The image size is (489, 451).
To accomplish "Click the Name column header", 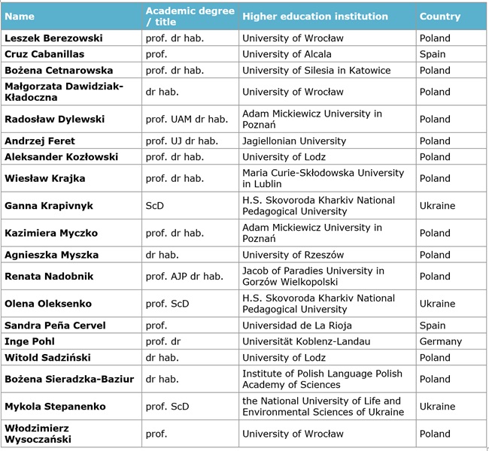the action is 20,17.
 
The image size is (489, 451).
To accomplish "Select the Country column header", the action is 440,17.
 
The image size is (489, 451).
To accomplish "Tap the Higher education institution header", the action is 315,17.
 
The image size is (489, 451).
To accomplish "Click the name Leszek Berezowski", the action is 53,38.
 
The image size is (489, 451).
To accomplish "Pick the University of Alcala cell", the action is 287,54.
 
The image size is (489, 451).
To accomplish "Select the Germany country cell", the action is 440,341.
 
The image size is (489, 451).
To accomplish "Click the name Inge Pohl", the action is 29,341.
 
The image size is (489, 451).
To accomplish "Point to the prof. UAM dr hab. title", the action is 187,119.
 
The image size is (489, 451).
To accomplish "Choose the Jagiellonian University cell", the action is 294,141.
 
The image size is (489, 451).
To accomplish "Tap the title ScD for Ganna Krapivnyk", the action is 155,206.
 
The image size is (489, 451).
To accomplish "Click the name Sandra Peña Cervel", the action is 55,325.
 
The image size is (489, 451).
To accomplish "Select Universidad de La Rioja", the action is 297,325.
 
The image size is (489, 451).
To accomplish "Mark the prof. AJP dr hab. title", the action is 184,276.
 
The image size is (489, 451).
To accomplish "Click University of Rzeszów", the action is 293,255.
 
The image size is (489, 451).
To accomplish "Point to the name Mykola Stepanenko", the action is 55,407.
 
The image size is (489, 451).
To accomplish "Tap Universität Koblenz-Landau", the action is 306,341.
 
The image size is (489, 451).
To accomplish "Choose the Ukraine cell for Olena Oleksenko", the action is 437,304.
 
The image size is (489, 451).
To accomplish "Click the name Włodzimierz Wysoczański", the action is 38,434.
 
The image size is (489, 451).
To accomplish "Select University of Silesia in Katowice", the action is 316,70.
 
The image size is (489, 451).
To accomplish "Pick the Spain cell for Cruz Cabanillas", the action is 433,54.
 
